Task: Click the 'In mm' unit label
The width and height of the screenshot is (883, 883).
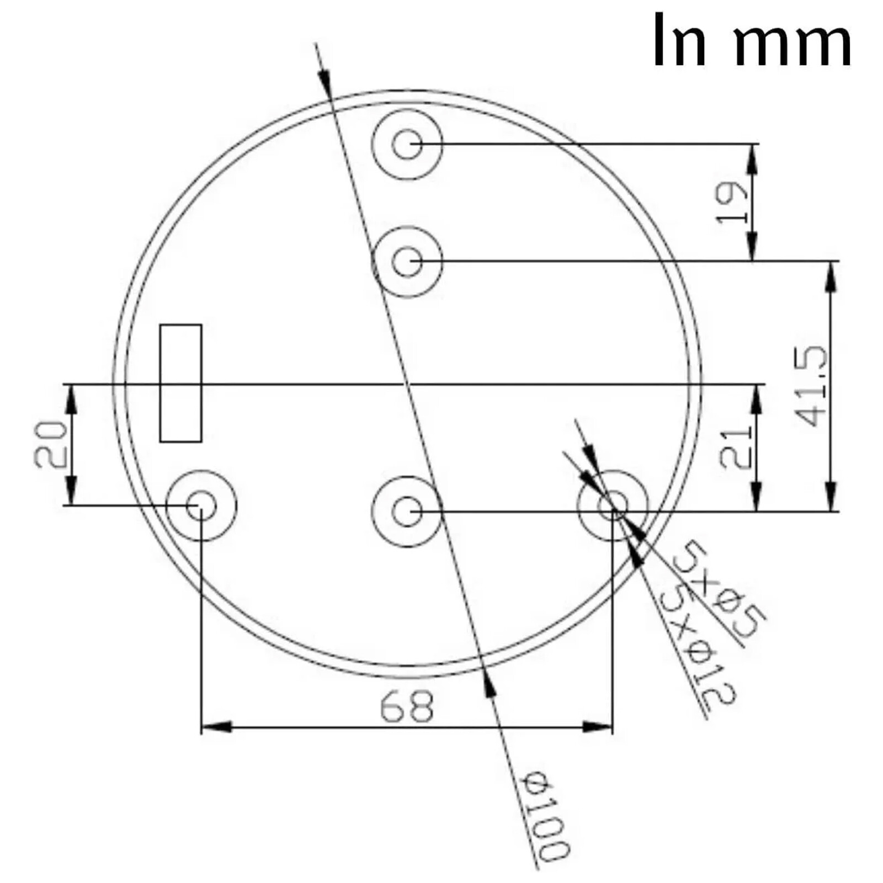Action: coord(752,40)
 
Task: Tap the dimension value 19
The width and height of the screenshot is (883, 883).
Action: coord(732,202)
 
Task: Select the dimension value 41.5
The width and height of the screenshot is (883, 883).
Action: coord(813,386)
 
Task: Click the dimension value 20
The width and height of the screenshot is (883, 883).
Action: coord(51,444)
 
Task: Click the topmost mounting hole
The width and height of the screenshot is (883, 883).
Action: coord(407,144)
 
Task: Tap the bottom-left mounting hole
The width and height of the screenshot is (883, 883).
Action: coord(201,506)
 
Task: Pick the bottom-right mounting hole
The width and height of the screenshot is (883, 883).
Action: coord(613,506)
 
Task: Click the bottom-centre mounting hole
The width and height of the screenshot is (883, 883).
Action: coord(407,512)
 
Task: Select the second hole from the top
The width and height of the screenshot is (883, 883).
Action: coord(407,262)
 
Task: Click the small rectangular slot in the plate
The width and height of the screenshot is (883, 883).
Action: coord(180,383)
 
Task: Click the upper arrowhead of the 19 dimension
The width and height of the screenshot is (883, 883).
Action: coord(752,159)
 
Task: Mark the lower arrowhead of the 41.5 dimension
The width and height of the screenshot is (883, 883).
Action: coord(832,496)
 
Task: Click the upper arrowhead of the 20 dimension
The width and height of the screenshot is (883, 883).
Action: coord(71,398)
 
